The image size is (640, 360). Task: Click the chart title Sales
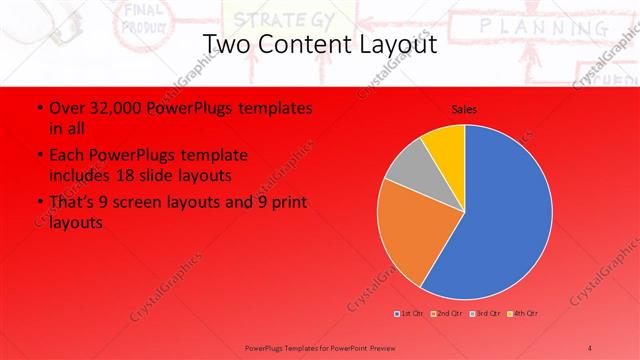(464, 107)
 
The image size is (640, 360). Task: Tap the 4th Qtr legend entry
(523, 314)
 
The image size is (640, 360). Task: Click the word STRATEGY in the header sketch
(270, 18)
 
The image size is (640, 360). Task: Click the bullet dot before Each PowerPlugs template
(38, 156)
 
